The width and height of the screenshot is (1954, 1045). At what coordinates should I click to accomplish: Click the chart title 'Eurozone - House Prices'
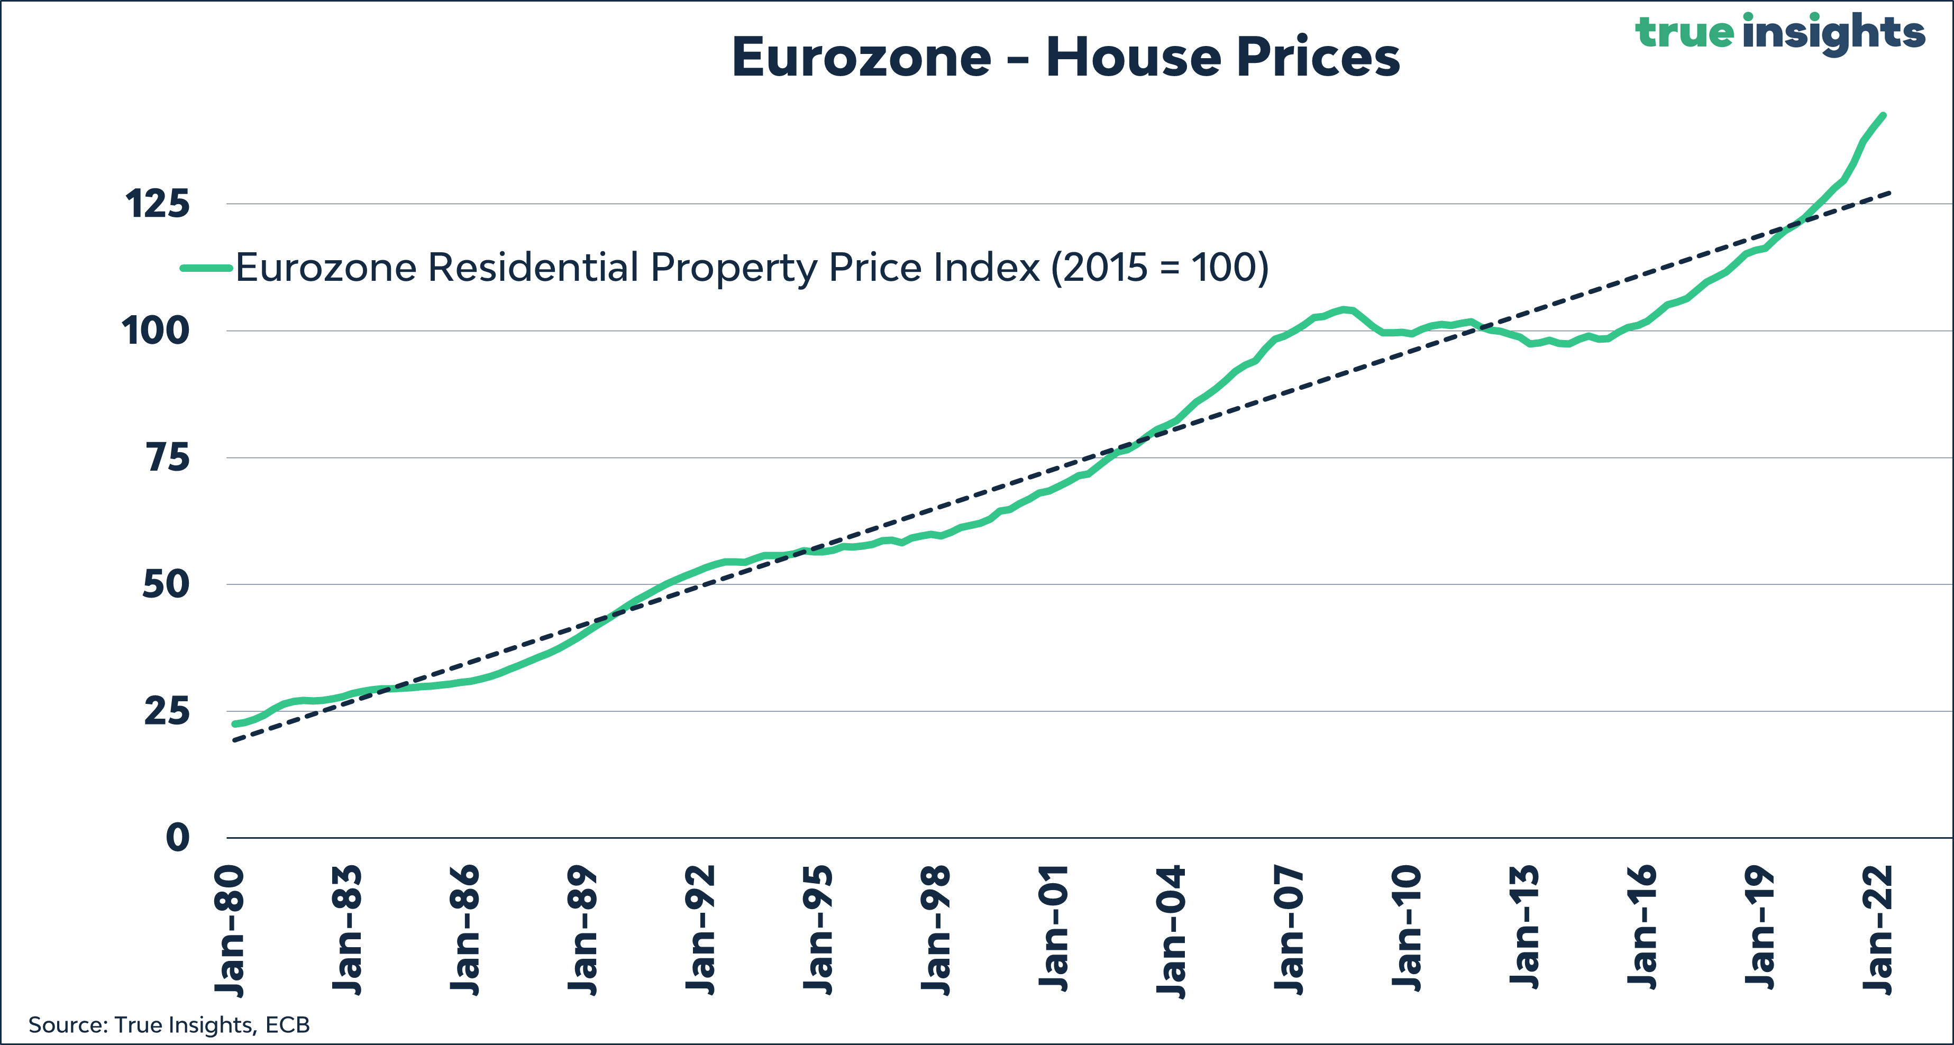tap(1066, 57)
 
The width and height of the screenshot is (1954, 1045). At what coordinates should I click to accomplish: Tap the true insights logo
tap(1779, 33)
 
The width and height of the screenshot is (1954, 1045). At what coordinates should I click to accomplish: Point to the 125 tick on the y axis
tap(158, 204)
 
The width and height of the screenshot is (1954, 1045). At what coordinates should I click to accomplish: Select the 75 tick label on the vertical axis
tap(168, 457)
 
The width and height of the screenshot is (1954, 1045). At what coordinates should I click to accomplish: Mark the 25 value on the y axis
tap(166, 711)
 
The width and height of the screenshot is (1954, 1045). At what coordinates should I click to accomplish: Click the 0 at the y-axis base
tap(178, 838)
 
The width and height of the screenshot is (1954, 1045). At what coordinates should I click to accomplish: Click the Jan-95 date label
tap(818, 930)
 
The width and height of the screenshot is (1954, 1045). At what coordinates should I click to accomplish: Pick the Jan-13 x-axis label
tap(1524, 927)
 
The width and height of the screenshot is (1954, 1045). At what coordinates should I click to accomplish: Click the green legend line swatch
tap(206, 268)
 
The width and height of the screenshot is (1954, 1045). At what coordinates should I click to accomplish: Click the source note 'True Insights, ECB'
tap(212, 1025)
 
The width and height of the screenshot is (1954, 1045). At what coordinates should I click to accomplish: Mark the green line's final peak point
tap(1884, 115)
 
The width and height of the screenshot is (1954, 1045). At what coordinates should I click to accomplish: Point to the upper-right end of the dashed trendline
tap(1891, 192)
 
